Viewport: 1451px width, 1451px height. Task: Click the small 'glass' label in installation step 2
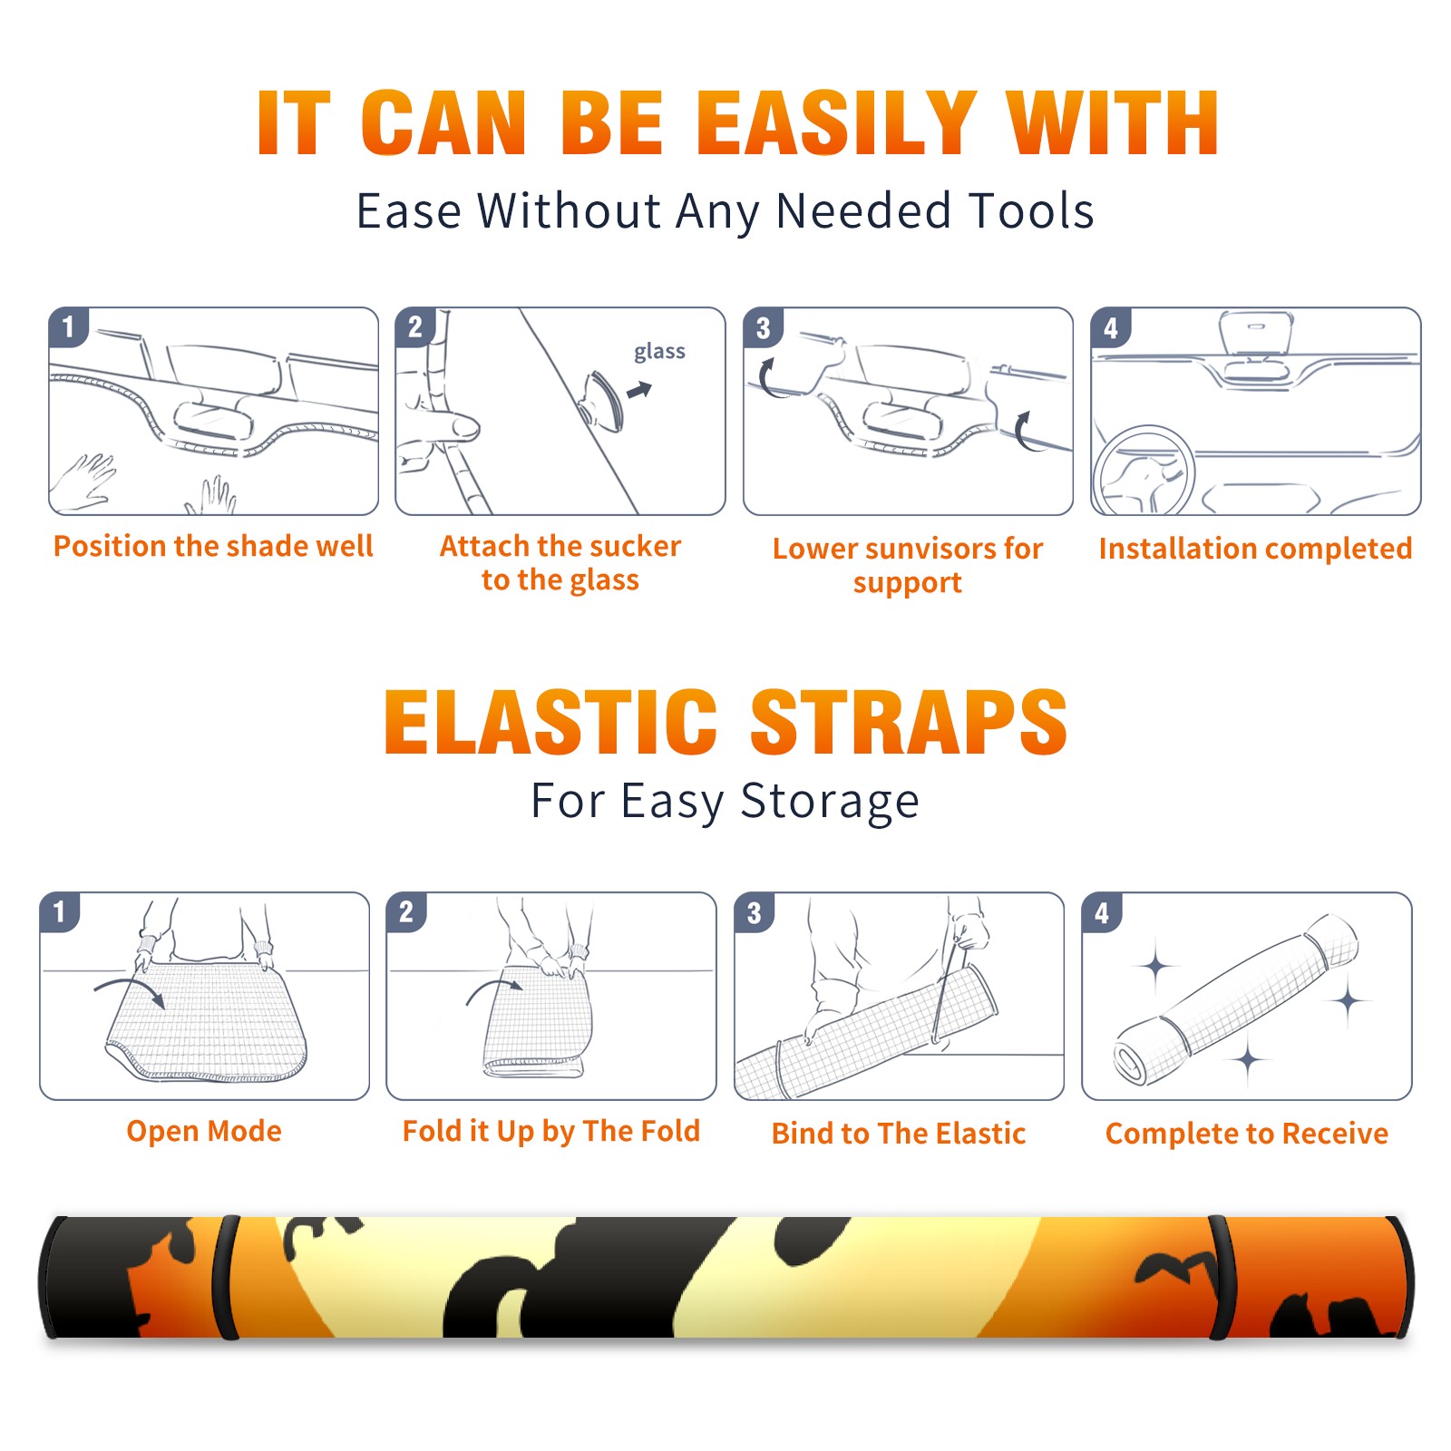(659, 352)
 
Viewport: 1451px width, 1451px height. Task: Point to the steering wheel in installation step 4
(1143, 470)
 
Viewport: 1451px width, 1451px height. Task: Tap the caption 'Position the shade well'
(213, 546)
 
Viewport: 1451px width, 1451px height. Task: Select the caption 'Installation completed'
(1255, 549)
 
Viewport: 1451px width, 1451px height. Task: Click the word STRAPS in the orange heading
(909, 722)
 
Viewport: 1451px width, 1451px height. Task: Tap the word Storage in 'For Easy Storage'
(830, 802)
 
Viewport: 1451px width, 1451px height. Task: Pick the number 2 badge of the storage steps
(406, 912)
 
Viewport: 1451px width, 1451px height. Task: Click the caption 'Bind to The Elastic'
(899, 1134)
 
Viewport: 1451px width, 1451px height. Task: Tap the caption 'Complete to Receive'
(1247, 1134)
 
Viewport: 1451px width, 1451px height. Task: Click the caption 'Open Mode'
(204, 1132)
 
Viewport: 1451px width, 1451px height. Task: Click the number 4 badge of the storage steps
(1102, 912)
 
